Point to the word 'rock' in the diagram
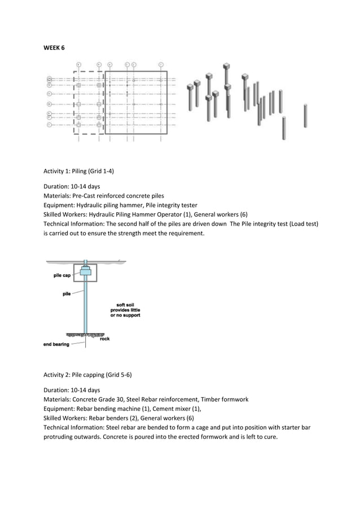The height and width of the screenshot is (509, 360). point(104,339)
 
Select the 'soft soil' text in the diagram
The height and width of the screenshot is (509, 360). point(125,305)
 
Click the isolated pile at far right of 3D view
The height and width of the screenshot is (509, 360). point(305,116)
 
